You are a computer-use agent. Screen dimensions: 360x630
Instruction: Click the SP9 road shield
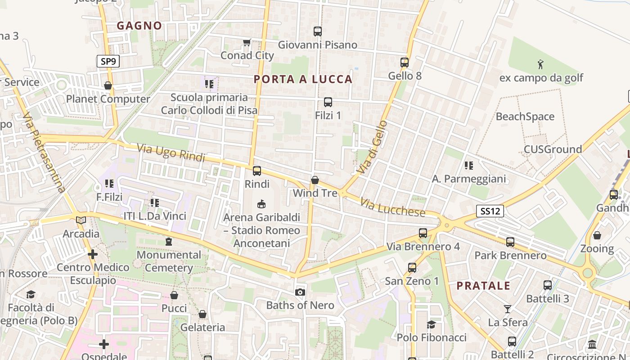click(x=108, y=61)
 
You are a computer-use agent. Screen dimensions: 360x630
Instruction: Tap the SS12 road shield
click(x=490, y=211)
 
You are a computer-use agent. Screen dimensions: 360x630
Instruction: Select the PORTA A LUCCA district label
click(x=303, y=80)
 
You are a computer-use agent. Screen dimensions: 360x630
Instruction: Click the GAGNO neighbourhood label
click(x=139, y=26)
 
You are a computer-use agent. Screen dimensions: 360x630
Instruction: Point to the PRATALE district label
click(x=484, y=286)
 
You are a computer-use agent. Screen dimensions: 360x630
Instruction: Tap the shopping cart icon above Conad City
click(x=247, y=43)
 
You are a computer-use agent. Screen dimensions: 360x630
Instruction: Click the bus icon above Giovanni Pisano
click(x=318, y=31)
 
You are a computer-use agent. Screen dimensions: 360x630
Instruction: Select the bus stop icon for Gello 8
click(x=405, y=63)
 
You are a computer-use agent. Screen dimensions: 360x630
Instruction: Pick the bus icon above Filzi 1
click(x=328, y=102)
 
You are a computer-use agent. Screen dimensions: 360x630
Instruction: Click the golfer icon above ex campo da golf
click(x=540, y=64)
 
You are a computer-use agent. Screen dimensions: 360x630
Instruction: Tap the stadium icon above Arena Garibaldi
click(x=261, y=204)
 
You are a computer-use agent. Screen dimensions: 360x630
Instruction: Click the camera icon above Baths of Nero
click(x=300, y=292)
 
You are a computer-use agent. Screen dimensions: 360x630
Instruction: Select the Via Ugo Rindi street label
click(x=171, y=153)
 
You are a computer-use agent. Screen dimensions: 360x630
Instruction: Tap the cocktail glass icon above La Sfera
click(x=508, y=309)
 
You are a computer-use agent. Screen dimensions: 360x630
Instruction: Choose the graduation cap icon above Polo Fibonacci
click(x=431, y=324)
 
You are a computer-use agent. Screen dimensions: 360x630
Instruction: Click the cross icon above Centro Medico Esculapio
click(x=93, y=254)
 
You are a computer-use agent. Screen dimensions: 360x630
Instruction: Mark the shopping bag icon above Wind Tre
click(x=315, y=180)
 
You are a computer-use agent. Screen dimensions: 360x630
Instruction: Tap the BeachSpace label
click(x=525, y=117)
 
